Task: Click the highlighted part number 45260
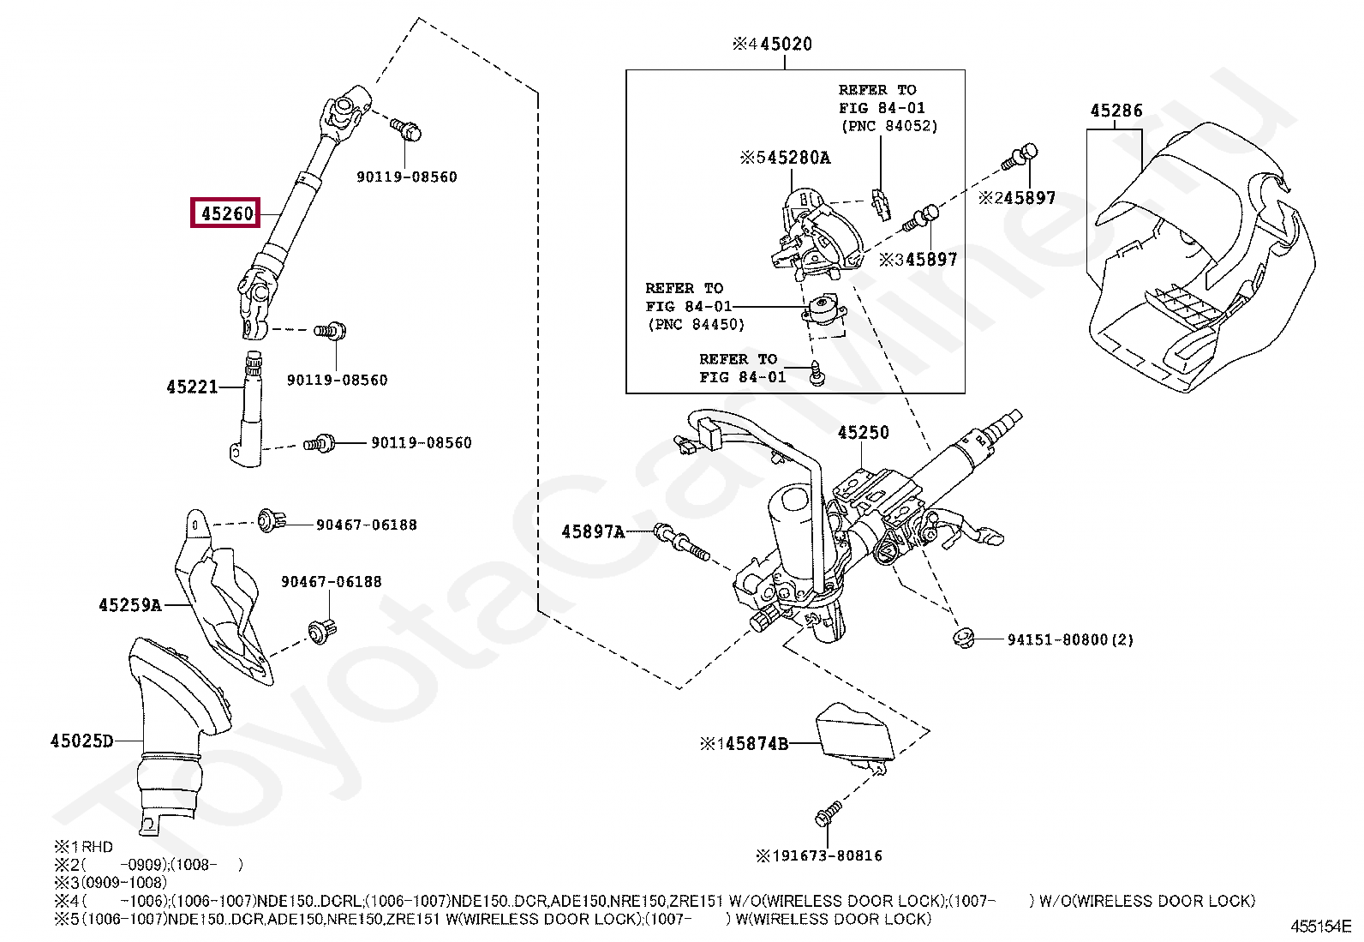[x=227, y=213]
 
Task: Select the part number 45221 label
[x=192, y=387]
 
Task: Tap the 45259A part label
[x=130, y=605]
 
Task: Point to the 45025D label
[x=81, y=741]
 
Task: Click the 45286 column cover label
[x=1116, y=111]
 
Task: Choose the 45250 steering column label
[x=863, y=433]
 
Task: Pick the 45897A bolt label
[x=593, y=532]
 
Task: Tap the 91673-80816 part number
[x=826, y=855]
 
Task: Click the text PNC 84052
[x=888, y=126]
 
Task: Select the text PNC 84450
[x=696, y=325]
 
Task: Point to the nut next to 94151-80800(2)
[x=965, y=638]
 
